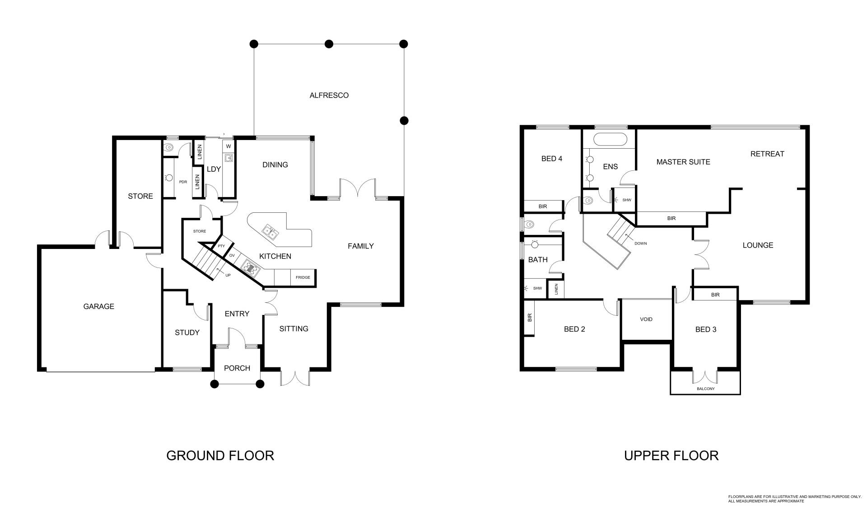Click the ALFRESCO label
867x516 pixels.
click(329, 95)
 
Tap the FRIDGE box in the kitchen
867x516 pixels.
click(303, 277)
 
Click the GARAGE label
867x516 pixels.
click(98, 306)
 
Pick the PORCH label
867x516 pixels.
click(237, 368)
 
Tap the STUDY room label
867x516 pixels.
click(187, 333)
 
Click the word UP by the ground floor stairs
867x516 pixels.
click(228, 275)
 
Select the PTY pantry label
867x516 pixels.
click(221, 246)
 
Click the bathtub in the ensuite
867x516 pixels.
click(610, 139)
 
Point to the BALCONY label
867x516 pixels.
click(705, 389)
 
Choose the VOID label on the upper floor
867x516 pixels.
click(646, 319)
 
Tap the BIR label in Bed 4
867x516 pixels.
click(543, 206)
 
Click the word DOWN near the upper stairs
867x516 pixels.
click(640, 244)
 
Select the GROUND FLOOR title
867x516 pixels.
click(220, 455)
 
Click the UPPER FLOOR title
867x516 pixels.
click(671, 455)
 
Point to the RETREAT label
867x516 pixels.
click(767, 154)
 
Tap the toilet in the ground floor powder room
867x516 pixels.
click(168, 147)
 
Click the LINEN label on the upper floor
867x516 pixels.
click(556, 289)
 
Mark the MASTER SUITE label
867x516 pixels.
click(683, 162)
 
